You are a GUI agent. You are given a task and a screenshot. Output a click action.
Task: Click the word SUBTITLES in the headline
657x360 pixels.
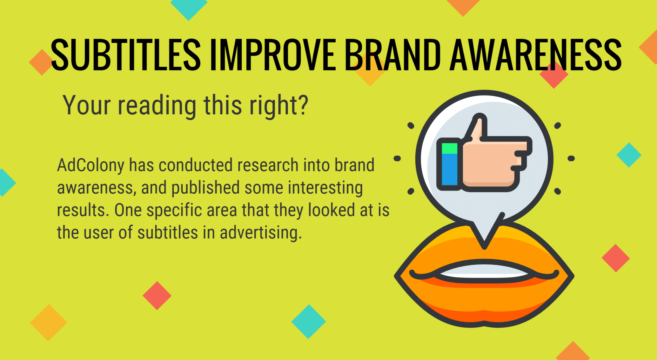[x=126, y=55]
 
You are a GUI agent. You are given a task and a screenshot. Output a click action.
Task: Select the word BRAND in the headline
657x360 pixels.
[x=393, y=55]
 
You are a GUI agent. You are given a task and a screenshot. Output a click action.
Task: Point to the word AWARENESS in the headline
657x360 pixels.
[x=536, y=55]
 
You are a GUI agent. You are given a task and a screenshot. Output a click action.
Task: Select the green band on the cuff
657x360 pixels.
[x=450, y=148]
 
